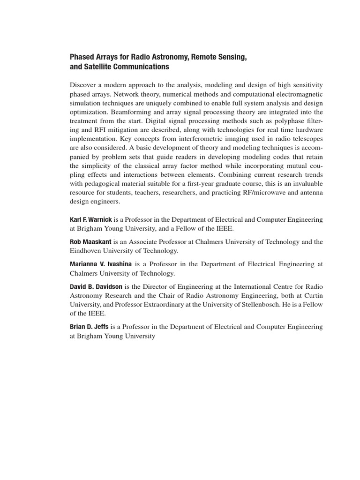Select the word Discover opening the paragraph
(84, 84)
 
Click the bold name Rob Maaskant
(89, 242)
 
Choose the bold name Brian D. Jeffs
(89, 327)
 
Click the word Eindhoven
(88, 251)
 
